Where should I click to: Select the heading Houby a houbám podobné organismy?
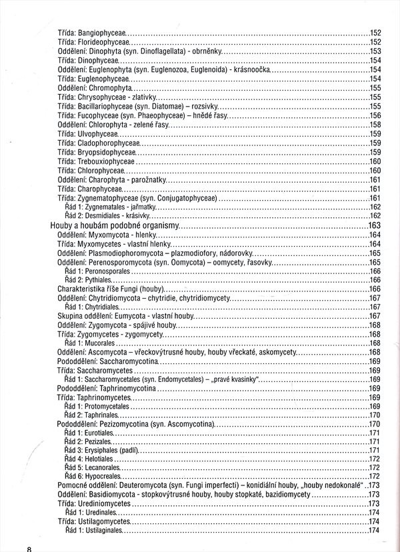click(115, 226)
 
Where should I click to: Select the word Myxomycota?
click(108, 235)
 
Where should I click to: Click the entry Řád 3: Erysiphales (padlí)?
click(101, 451)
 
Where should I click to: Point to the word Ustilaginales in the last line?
click(103, 530)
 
